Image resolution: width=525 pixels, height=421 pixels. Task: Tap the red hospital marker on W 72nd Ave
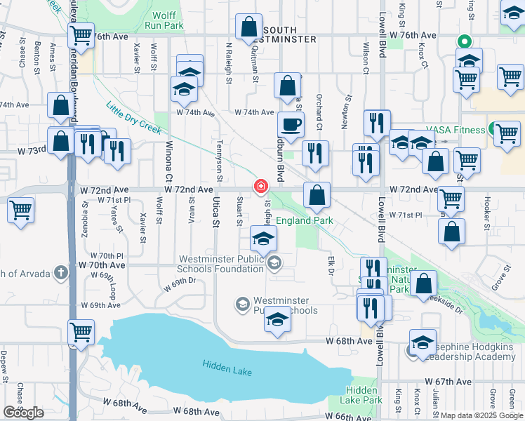[x=260, y=185]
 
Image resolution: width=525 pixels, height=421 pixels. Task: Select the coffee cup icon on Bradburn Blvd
[x=291, y=126]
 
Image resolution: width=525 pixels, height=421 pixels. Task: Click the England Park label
[x=304, y=220]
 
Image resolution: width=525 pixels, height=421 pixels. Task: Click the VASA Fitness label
[x=459, y=130]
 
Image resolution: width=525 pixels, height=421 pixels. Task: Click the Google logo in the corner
[x=22, y=413]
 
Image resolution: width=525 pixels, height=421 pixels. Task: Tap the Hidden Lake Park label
[x=364, y=395]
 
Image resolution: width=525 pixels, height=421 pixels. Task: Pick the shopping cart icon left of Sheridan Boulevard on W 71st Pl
[x=21, y=209]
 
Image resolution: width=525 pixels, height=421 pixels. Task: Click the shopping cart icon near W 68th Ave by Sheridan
[x=81, y=331]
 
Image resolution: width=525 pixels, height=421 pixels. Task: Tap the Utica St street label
[x=216, y=211]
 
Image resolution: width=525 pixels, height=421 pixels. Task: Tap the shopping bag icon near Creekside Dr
[x=424, y=284]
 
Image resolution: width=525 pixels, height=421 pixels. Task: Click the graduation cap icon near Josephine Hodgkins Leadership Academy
[x=423, y=342]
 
